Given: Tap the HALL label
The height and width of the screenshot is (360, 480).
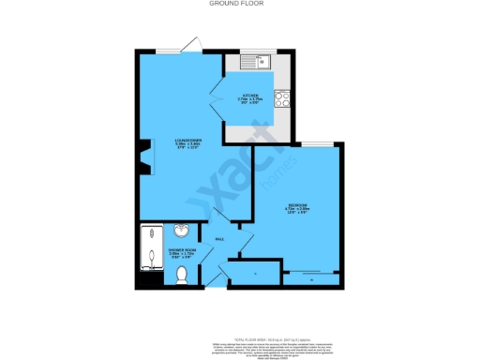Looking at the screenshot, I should (x=220, y=239).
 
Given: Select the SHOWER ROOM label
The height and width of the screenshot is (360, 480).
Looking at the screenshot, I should (x=181, y=251).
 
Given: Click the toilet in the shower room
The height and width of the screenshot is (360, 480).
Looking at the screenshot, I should (x=183, y=274).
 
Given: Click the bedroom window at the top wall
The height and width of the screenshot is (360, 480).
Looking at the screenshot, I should (x=318, y=143).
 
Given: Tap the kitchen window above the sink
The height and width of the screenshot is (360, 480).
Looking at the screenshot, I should (x=255, y=52).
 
